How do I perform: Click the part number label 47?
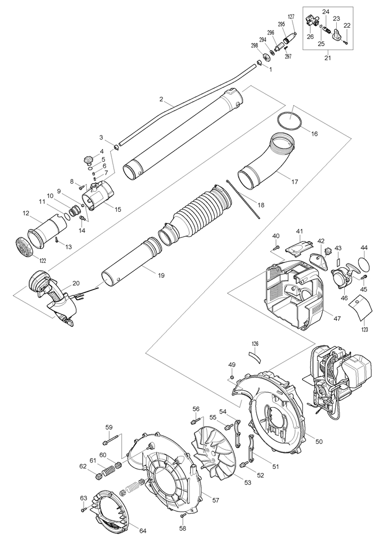(x=337, y=318)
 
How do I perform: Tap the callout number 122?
(x=43, y=261)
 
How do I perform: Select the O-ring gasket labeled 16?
(x=290, y=121)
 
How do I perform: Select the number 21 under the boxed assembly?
(x=328, y=58)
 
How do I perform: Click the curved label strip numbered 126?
(x=255, y=356)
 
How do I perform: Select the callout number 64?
(x=142, y=531)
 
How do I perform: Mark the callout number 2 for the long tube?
(x=161, y=100)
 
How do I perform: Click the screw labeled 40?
(x=277, y=246)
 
